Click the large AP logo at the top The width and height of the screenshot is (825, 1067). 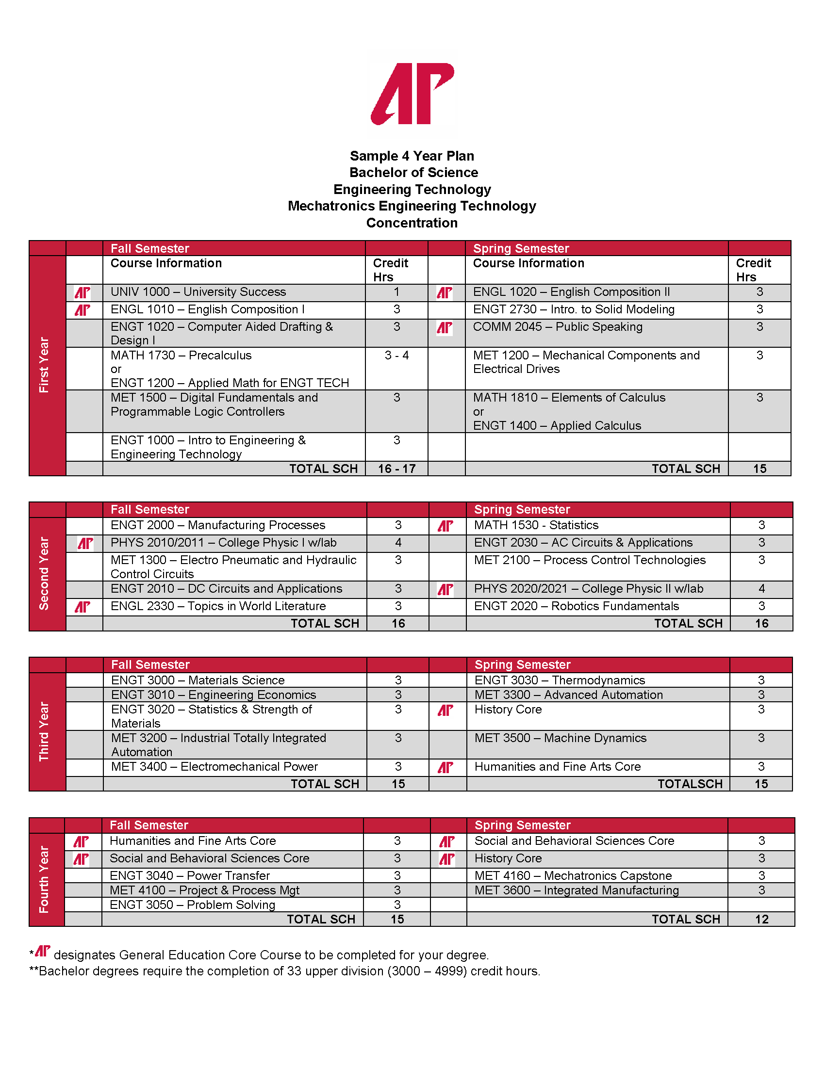[x=412, y=93]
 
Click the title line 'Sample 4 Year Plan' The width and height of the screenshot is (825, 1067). [x=412, y=156]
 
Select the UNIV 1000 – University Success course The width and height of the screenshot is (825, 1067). [x=198, y=292]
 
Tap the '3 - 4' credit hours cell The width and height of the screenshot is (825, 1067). [x=396, y=356]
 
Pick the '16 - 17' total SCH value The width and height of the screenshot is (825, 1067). [x=396, y=469]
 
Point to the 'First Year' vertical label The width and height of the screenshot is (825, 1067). [x=45, y=365]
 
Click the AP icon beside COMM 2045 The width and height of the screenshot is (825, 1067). [x=444, y=328]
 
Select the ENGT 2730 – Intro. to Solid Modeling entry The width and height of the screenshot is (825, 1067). [x=573, y=310]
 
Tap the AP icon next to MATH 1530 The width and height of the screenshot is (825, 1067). [x=445, y=526]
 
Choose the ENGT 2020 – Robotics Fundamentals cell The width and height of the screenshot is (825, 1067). [x=576, y=606]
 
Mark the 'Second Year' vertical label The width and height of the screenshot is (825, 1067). [x=45, y=574]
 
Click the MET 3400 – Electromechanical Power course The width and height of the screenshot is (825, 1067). [x=214, y=767]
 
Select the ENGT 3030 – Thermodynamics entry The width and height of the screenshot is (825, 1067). [x=560, y=680]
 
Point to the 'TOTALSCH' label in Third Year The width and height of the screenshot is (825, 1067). [x=690, y=784]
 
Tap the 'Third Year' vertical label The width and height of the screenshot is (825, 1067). [x=45, y=731]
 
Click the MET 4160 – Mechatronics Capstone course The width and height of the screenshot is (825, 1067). [x=573, y=876]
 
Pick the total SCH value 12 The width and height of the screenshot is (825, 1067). [x=761, y=920]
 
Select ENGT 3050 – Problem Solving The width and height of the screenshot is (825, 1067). [x=192, y=905]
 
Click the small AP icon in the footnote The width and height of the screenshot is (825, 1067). [x=43, y=951]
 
